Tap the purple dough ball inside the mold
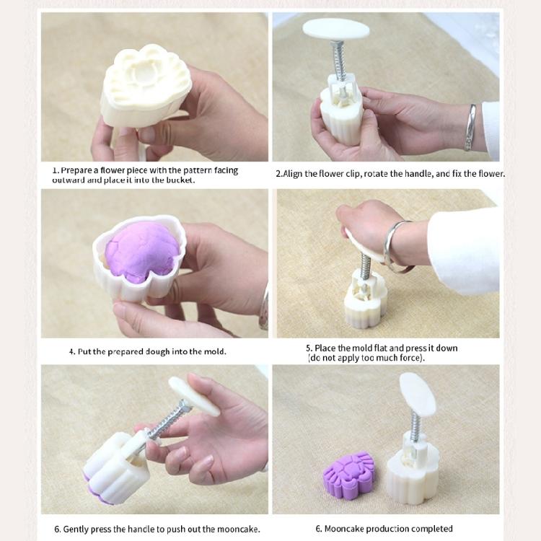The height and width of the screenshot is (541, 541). coord(142,250)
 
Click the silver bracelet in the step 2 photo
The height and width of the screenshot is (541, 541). coord(470,128)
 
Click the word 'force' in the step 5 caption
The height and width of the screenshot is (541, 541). coord(410,358)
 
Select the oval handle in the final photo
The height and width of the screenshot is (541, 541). coord(418,395)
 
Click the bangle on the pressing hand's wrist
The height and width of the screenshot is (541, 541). coord(396,246)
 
